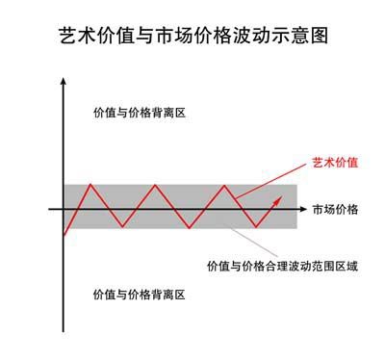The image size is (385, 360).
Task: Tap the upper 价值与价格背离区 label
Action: [139, 113]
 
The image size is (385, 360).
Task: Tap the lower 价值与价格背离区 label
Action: [139, 293]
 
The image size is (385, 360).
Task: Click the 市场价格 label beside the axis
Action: [334, 208]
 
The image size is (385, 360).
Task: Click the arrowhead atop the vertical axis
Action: [64, 88]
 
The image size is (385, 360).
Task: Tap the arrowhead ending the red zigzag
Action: [280, 198]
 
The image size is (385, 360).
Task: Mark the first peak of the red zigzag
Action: [90, 184]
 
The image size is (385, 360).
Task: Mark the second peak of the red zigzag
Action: [157, 184]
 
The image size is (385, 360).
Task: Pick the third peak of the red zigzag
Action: [224, 184]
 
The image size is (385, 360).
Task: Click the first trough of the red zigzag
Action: [122, 227]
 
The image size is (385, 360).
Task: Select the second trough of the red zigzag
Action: [190, 227]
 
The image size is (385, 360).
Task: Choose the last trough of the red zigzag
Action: [256, 227]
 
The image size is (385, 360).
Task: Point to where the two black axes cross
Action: [64, 208]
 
